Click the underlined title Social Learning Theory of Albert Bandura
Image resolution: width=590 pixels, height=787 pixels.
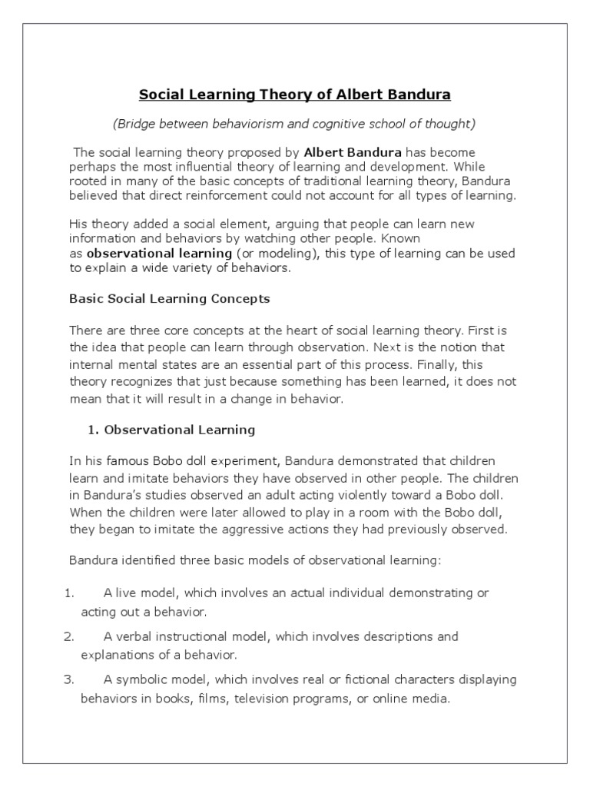(x=294, y=95)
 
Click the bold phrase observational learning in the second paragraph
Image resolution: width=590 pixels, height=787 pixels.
(x=159, y=253)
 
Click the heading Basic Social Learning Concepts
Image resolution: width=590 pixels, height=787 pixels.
(x=169, y=297)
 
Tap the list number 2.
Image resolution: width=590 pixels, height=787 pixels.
(x=68, y=637)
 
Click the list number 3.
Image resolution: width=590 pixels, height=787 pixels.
(x=68, y=680)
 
